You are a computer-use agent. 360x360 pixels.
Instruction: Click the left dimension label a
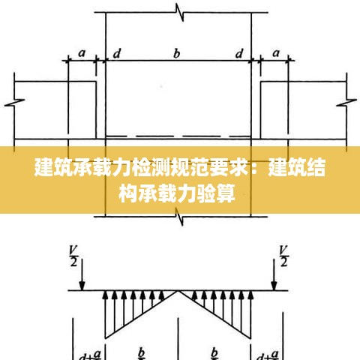click(82, 53)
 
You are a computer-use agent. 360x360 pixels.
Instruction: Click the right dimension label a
click(276, 53)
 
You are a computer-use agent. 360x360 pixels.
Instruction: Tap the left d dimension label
click(117, 53)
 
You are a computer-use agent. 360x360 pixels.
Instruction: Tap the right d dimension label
click(239, 53)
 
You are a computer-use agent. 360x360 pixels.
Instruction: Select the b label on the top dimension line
click(176, 53)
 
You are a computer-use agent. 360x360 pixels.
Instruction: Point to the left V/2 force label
click(73, 256)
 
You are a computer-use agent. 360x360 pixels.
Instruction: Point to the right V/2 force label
click(283, 256)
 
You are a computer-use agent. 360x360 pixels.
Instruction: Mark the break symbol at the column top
click(179, 12)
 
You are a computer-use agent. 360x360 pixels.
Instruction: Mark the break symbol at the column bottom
click(179, 217)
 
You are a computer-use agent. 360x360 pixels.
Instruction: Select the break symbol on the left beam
click(14, 102)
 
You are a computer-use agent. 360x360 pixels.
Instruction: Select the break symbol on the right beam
click(346, 102)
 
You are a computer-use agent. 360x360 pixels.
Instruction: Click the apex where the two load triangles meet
click(178, 291)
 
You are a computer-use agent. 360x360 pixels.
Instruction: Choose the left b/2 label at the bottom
click(142, 353)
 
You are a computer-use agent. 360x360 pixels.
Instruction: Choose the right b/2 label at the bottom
click(214, 353)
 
